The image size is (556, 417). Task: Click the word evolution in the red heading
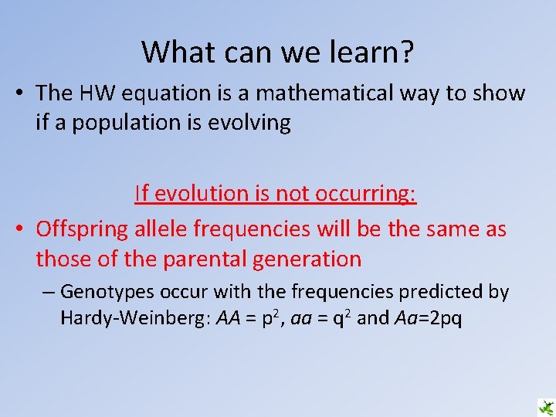pyautogui.click(x=204, y=193)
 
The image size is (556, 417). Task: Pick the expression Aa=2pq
pyautogui.click(x=429, y=318)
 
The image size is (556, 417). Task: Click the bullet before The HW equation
pyautogui.click(x=19, y=94)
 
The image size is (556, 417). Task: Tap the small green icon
pyautogui.click(x=546, y=407)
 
